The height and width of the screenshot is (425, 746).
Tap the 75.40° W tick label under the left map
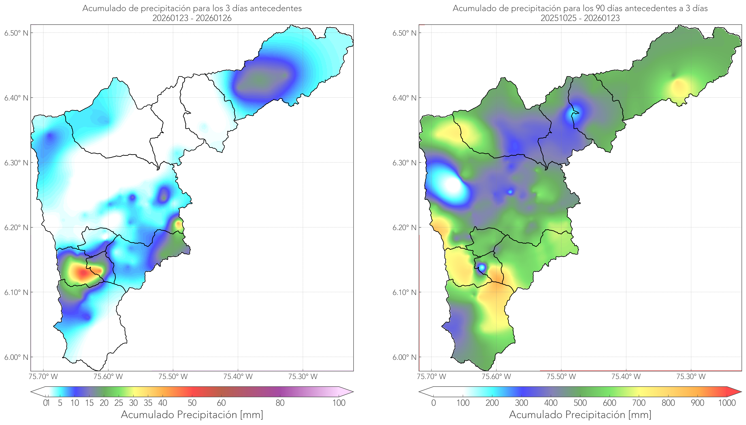[238, 377]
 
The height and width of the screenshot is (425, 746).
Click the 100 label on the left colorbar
[339, 403]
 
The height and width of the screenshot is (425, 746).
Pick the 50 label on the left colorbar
[192, 403]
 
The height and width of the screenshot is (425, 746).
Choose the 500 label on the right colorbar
[580, 403]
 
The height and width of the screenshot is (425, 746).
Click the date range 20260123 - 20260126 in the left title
[192, 18]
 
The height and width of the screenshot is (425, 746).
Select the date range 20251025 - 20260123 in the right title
[580, 18]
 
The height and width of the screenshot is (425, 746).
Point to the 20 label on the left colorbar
[104, 403]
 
